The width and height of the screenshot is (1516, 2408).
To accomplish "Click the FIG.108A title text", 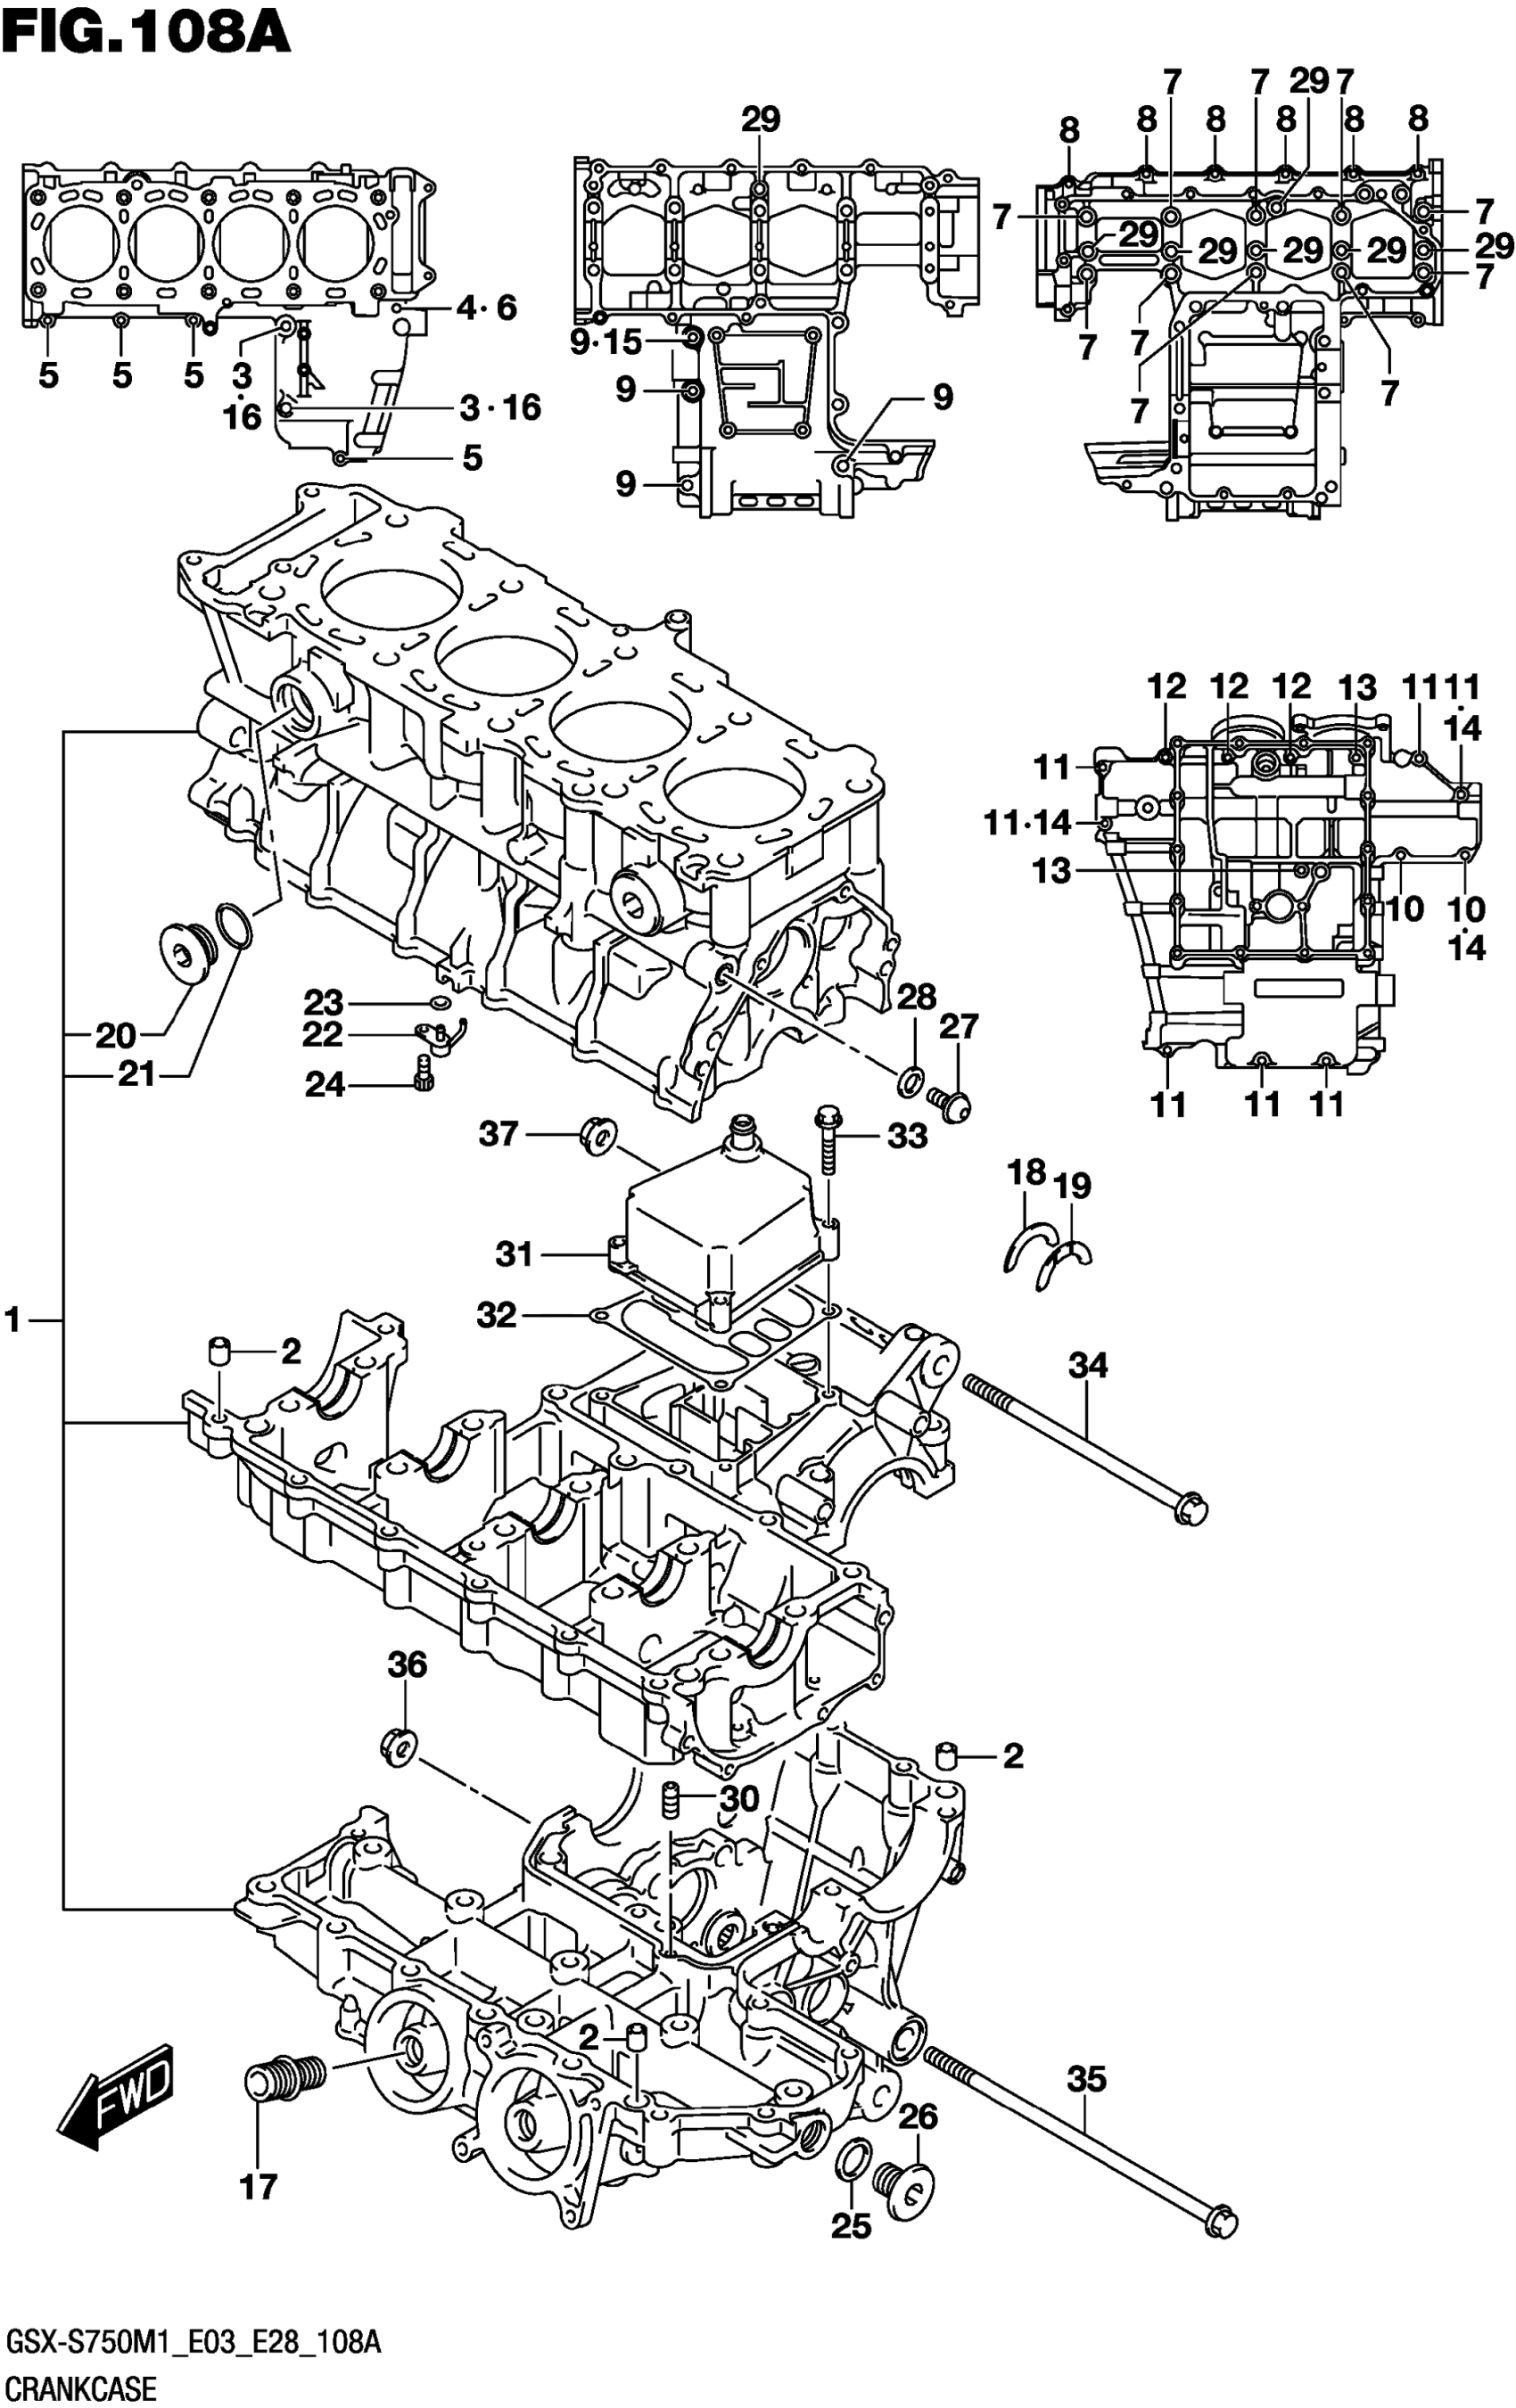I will coord(147,32).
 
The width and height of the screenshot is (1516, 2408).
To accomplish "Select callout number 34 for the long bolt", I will coord(1088,1364).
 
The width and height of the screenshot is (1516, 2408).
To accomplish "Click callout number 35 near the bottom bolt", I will coord(1086,2080).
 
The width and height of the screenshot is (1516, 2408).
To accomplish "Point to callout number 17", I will coord(258,2187).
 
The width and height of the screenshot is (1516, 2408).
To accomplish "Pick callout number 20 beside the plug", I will coord(115,1035).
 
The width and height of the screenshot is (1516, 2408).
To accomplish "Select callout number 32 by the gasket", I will coord(496,1315).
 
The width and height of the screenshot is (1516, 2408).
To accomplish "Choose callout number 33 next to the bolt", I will coord(907,1136).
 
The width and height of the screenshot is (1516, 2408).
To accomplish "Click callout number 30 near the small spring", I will coord(740,1800).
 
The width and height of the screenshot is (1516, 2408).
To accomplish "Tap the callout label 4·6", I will coord(486,308).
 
